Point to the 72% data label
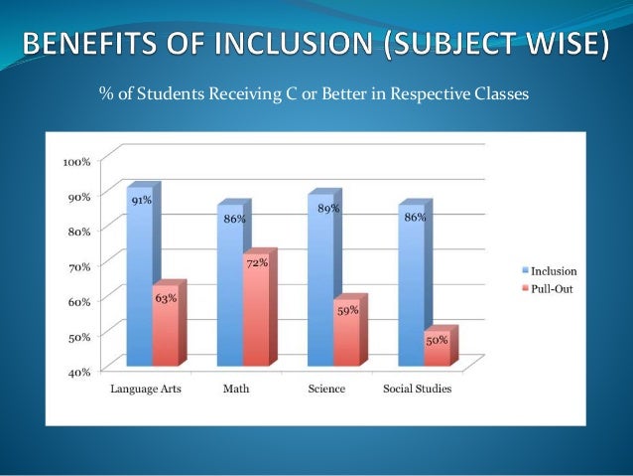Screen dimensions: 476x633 256,262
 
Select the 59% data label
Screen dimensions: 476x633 347,310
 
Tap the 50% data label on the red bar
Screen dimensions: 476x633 437,340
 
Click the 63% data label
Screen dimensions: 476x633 166,297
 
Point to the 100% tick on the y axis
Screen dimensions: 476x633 76,161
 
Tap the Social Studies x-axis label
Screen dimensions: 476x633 417,389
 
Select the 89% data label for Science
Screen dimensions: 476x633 328,209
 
